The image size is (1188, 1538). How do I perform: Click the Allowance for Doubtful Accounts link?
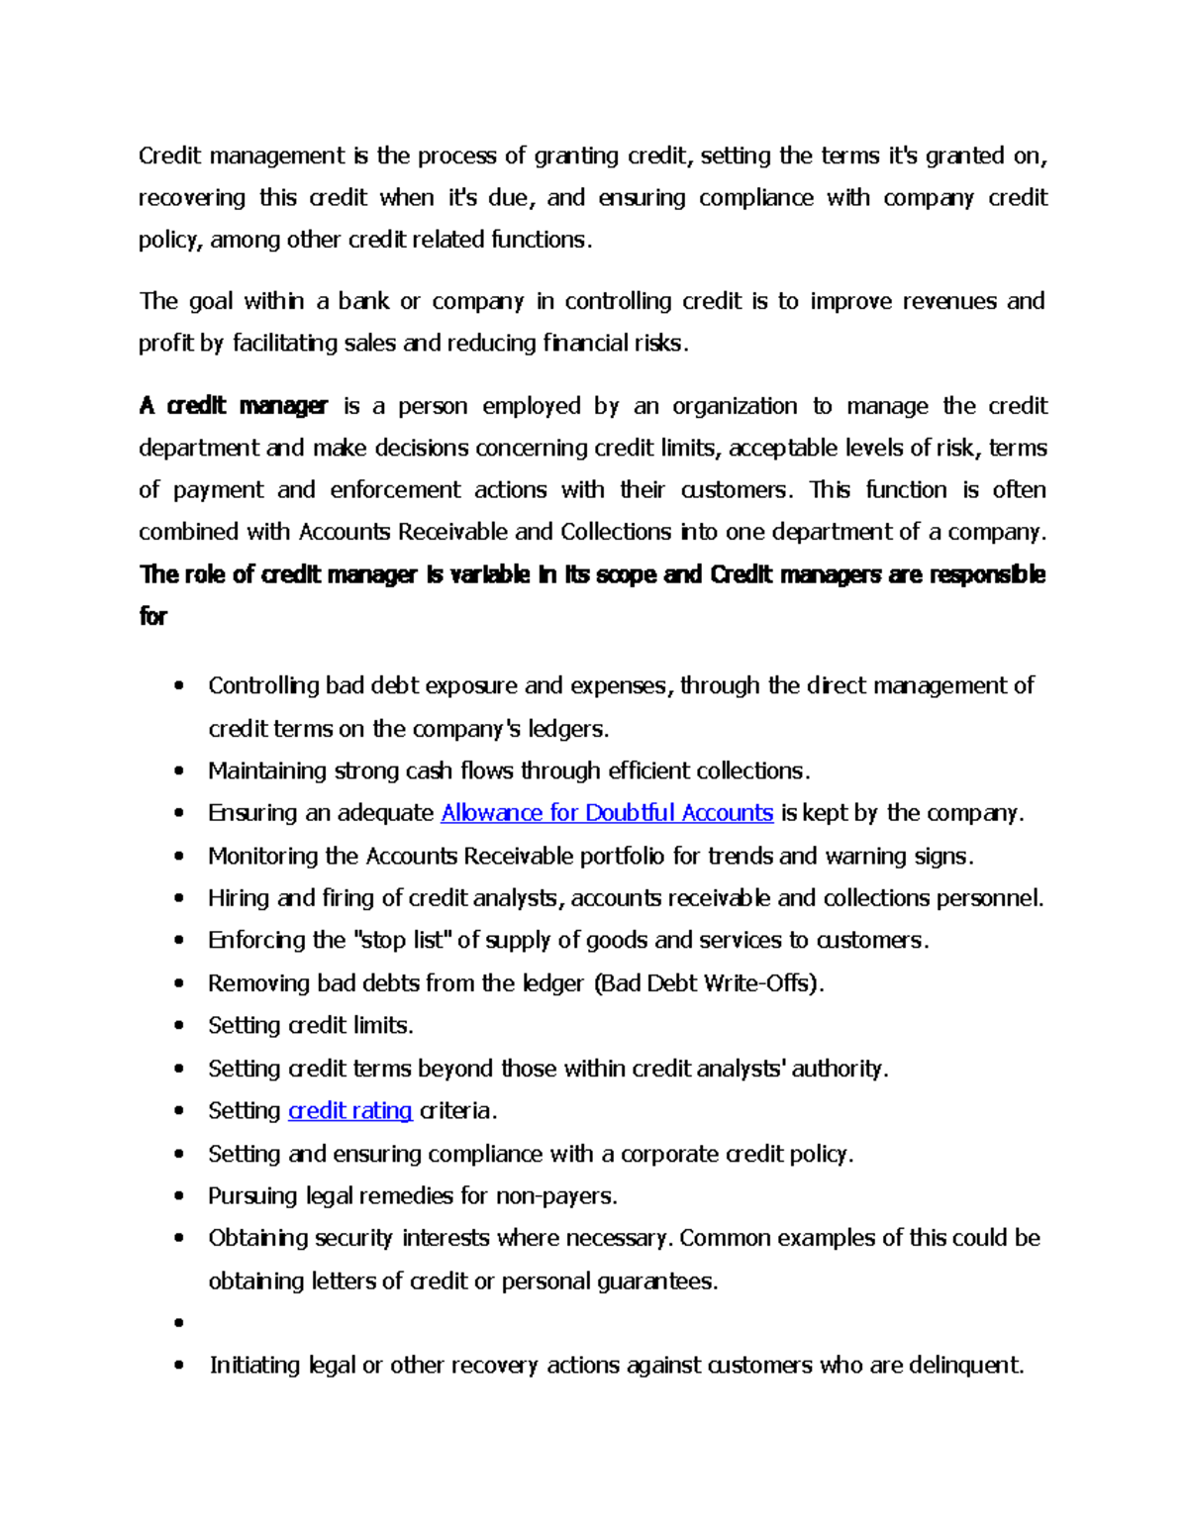(606, 813)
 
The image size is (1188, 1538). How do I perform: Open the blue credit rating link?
(349, 1111)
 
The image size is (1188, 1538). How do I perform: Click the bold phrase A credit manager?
(233, 406)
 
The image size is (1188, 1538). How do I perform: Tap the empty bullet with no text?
(179, 1323)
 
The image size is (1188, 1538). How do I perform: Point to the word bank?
(363, 301)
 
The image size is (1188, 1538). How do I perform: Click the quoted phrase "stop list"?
(401, 940)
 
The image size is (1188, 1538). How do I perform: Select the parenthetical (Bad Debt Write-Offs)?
(708, 983)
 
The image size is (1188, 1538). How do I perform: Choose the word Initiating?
(255, 1366)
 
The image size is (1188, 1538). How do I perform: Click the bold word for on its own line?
(153, 617)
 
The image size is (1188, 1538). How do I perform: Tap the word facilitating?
(284, 344)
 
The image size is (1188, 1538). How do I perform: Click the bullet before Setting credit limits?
(179, 1026)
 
